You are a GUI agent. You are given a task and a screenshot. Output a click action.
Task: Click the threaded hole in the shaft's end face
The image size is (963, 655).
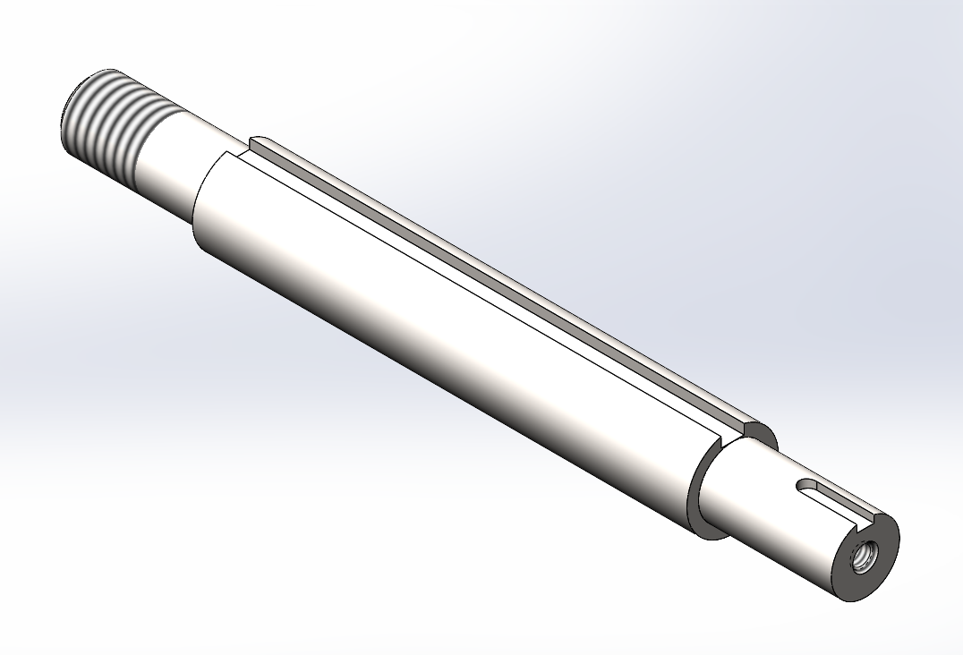click(x=863, y=558)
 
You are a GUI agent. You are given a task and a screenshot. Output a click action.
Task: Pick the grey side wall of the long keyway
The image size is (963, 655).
click(x=501, y=268)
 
